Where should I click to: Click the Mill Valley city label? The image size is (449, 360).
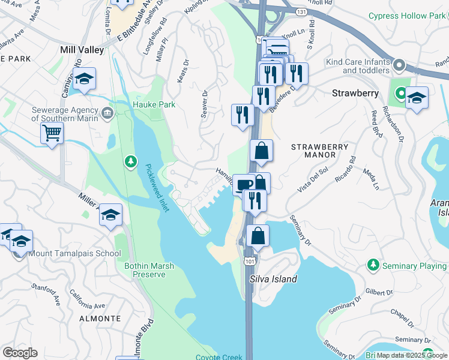(82, 50)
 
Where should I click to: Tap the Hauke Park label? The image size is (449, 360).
(154, 104)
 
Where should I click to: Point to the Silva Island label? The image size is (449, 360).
(273, 279)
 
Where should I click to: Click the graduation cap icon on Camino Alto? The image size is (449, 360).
(84, 79)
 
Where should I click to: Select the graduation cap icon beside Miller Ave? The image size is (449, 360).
(111, 214)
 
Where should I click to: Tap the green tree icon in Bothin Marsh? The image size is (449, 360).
(130, 162)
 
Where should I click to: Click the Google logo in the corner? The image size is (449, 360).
(20, 352)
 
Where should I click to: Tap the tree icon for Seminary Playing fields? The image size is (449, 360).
(373, 265)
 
